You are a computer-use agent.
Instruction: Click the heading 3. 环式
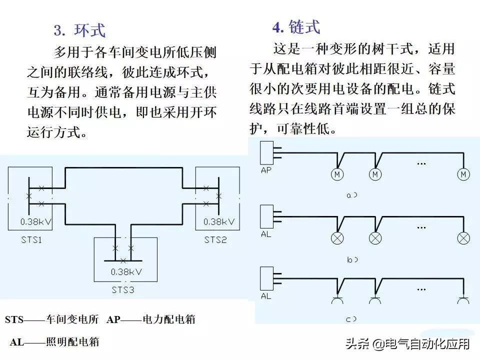(x=79, y=30)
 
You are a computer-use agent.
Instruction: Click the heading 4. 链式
(x=296, y=26)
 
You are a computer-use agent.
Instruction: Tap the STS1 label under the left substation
(x=31, y=240)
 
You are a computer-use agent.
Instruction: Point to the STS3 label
(x=122, y=290)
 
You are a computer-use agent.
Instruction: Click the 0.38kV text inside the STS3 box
(x=125, y=272)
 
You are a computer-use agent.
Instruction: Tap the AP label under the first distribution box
(x=266, y=170)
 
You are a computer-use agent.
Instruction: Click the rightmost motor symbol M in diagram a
(x=463, y=174)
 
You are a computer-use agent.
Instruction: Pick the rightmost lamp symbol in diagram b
(x=464, y=237)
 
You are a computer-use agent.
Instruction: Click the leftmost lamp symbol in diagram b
(x=337, y=237)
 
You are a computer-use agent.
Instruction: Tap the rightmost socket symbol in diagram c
(x=464, y=300)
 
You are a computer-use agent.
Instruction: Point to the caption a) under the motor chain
(x=352, y=195)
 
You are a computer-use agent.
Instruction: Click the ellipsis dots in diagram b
(x=421, y=226)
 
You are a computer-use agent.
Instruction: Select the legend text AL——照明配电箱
(x=54, y=342)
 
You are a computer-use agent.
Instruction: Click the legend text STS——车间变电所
(x=52, y=319)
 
